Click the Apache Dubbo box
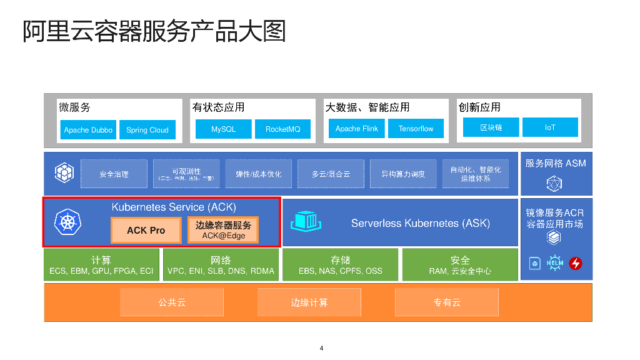point(88,130)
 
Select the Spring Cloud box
point(147,130)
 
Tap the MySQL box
point(223,129)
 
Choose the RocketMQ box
point(282,129)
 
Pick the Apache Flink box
point(356,129)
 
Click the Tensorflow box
point(416,129)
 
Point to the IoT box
point(549,127)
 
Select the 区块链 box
point(491,127)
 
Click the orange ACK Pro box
point(146,230)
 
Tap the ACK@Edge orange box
point(223,230)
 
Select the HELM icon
point(554,263)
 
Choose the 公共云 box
point(172,302)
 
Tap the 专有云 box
point(446,302)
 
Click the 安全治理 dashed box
point(114,174)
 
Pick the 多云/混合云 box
point(331,174)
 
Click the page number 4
point(321,348)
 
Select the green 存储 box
point(340,265)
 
